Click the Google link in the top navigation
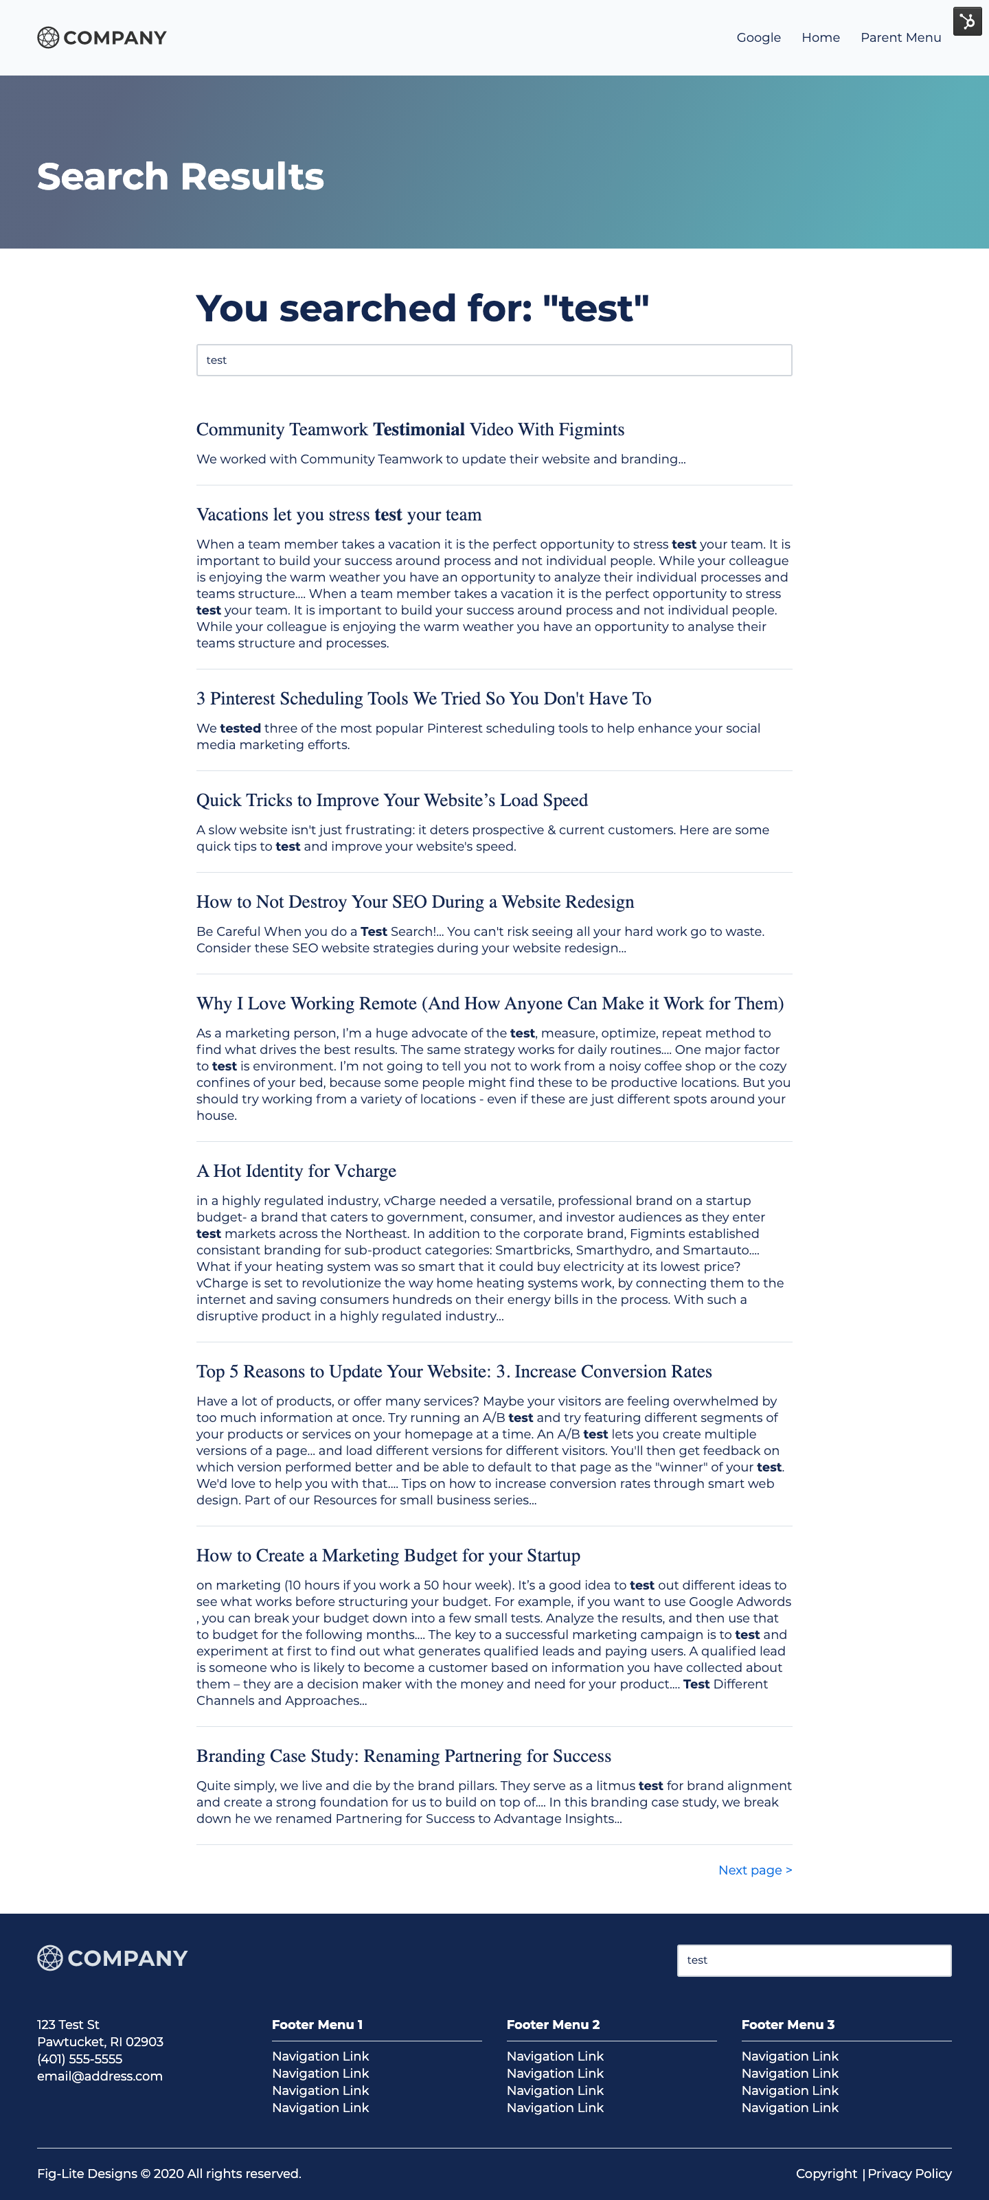coord(758,38)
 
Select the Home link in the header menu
coord(820,38)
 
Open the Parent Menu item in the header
coord(900,38)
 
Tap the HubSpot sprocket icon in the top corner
coord(967,21)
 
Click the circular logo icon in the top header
coord(49,38)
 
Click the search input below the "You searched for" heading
coord(494,360)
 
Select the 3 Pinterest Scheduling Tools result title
coord(424,698)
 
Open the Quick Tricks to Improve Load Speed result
coord(392,800)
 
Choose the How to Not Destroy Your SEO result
coord(415,902)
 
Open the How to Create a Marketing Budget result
coord(389,1555)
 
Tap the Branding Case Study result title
coord(404,1756)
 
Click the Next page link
coord(755,1870)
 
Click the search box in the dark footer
coord(814,1960)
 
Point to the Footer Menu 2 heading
coord(554,2025)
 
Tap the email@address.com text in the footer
coord(100,2076)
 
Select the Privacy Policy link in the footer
coord(909,2173)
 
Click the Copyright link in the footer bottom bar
coord(826,2173)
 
